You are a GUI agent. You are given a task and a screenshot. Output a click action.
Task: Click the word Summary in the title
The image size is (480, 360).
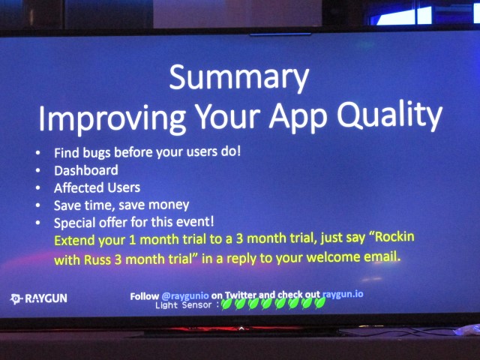pyautogui.click(x=238, y=77)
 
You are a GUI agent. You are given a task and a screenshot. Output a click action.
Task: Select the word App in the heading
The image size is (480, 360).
pyautogui.click(x=298, y=118)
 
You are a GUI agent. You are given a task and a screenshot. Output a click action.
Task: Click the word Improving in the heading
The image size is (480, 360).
pyautogui.click(x=112, y=119)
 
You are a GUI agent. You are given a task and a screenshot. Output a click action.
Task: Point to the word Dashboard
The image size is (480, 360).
pyautogui.click(x=86, y=170)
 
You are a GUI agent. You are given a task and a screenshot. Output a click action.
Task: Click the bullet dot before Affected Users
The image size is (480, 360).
pyautogui.click(x=37, y=187)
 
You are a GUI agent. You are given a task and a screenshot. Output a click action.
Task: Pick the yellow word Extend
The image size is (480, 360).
pyautogui.click(x=74, y=240)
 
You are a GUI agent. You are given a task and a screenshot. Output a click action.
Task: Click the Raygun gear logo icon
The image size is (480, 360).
pyautogui.click(x=16, y=298)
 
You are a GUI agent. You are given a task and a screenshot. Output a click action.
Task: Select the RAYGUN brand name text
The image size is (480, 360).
pyautogui.click(x=46, y=298)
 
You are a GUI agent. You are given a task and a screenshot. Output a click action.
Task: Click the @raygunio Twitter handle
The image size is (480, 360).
pyautogui.click(x=185, y=296)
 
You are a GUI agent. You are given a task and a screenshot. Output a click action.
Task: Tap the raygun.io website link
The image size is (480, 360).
pyautogui.click(x=343, y=295)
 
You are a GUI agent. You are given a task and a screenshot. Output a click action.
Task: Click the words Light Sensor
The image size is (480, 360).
pyautogui.click(x=183, y=305)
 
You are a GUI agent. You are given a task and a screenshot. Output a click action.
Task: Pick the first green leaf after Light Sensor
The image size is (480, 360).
pyautogui.click(x=226, y=304)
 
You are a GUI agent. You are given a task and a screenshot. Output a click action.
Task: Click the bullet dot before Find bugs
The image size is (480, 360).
pyautogui.click(x=37, y=153)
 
